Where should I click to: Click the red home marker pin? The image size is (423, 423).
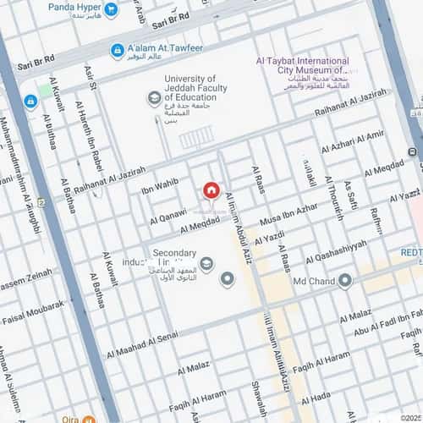pyautogui.click(x=211, y=190)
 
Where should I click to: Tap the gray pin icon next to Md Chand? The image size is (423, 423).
pyautogui.click(x=344, y=281)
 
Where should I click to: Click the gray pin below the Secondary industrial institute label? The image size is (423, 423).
pyautogui.click(x=227, y=278)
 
